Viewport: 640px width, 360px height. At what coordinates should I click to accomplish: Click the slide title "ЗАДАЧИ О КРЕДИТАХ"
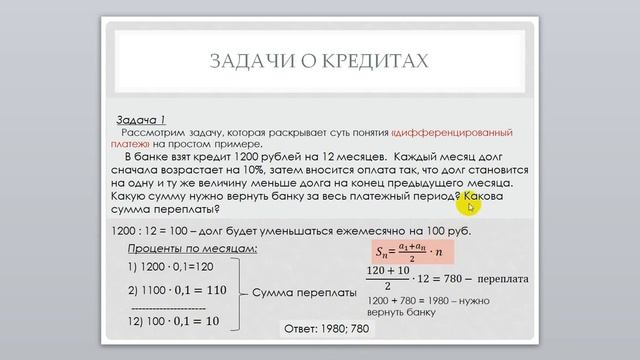(x=320, y=61)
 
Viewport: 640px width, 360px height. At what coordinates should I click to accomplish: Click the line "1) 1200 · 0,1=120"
(x=169, y=267)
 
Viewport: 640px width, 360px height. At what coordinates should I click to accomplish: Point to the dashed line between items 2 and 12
(x=169, y=308)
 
